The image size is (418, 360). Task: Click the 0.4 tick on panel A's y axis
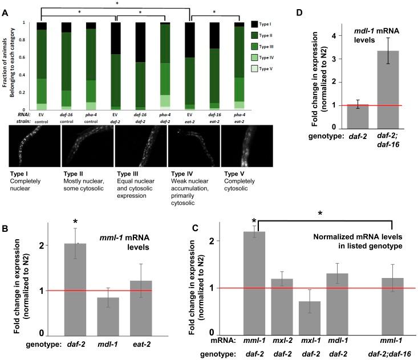(x=23, y=75)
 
